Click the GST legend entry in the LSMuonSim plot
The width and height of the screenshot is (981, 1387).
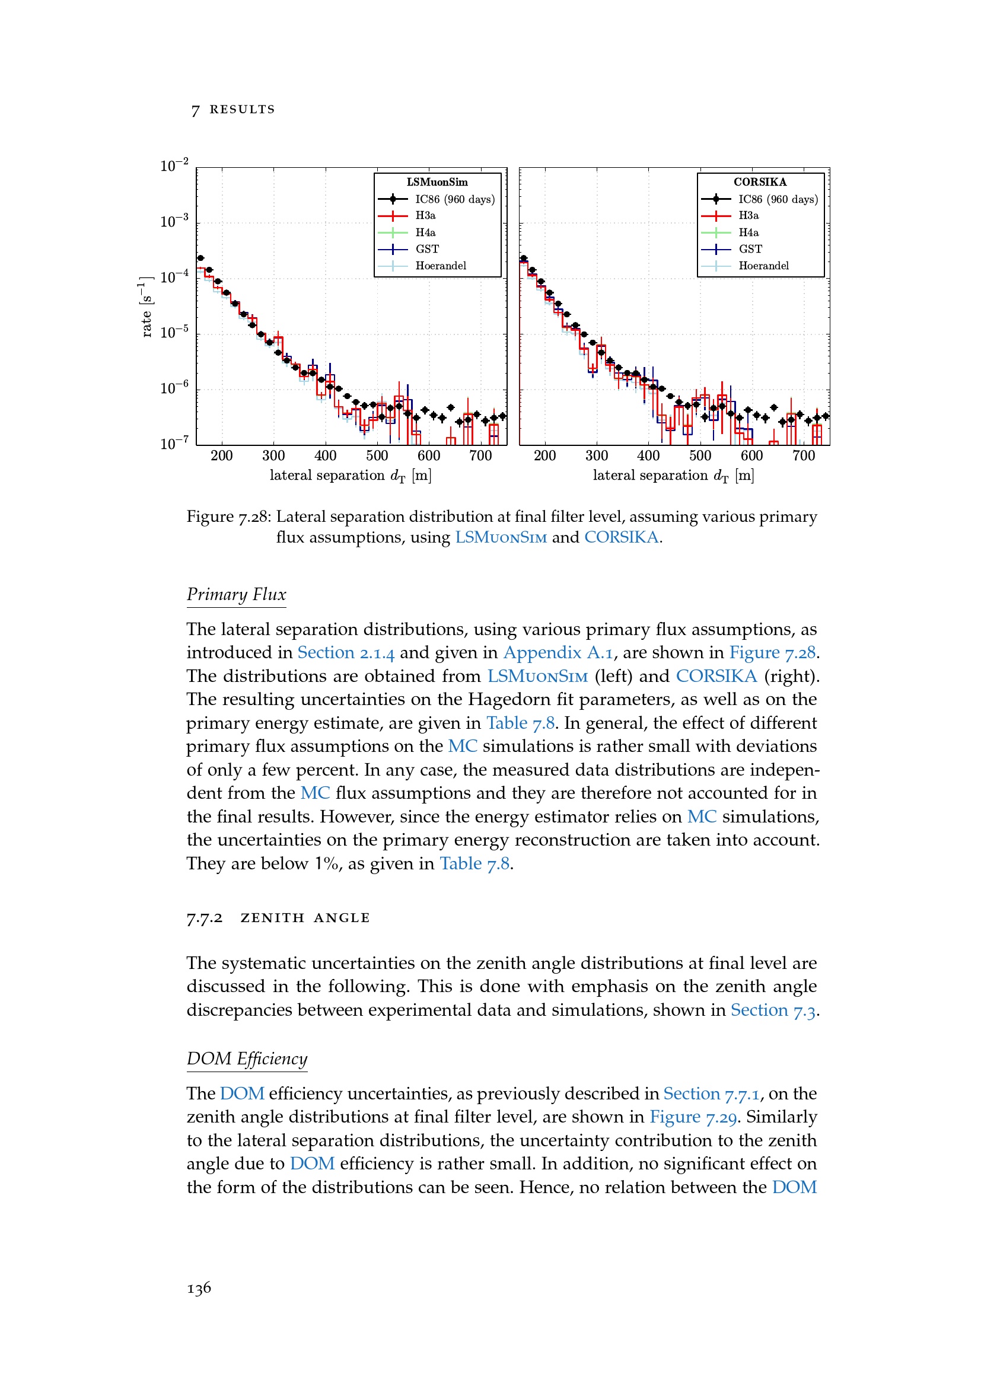point(426,249)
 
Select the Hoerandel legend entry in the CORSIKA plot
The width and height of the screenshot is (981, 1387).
point(763,266)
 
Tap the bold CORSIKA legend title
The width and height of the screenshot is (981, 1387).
point(760,182)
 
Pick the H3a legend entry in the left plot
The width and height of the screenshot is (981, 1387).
point(425,216)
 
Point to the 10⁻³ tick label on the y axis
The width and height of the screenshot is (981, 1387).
point(174,221)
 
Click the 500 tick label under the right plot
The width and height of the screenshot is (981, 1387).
point(700,456)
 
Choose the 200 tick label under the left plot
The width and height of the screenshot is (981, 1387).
point(222,456)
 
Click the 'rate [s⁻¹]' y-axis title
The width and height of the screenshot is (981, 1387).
point(145,307)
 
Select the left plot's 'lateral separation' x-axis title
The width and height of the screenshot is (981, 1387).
point(351,476)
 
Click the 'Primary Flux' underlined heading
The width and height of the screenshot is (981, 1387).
point(236,594)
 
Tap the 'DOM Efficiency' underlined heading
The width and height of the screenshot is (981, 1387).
point(247,1059)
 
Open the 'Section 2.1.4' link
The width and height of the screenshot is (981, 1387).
point(346,653)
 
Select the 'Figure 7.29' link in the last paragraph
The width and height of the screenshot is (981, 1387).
point(693,1117)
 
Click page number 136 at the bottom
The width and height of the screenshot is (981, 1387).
point(199,1289)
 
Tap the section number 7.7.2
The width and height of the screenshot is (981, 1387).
point(204,918)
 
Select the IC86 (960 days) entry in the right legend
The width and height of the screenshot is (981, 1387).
point(778,199)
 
